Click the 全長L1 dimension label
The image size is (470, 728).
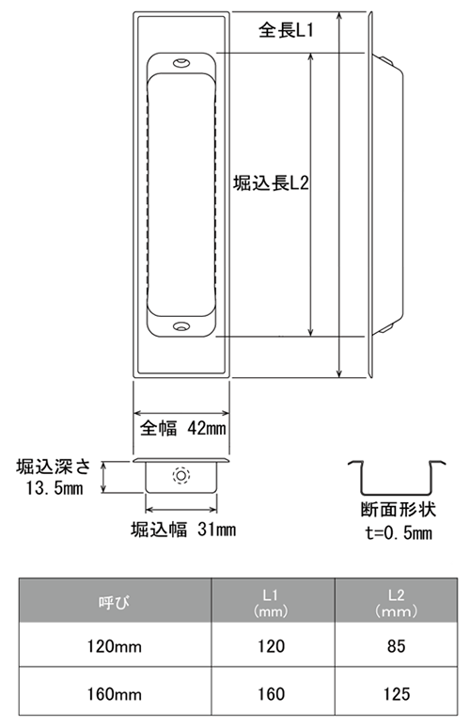click(x=287, y=31)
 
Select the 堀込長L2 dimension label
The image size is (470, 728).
click(x=271, y=183)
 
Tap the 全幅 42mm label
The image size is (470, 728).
click(x=183, y=428)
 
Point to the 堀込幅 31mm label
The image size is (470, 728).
click(x=183, y=530)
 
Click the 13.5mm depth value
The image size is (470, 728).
click(x=55, y=488)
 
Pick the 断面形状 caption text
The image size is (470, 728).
click(x=399, y=510)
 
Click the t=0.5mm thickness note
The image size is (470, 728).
click(x=399, y=533)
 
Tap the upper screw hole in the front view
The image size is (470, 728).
click(x=181, y=63)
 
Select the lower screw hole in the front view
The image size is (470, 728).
click(x=181, y=326)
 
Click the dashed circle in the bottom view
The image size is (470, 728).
click(x=180, y=475)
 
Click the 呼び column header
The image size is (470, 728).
click(x=114, y=602)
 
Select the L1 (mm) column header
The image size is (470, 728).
click(x=271, y=603)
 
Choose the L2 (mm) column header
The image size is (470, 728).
click(x=397, y=603)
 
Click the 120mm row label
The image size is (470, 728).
click(x=115, y=646)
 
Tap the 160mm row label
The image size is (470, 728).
click(x=115, y=694)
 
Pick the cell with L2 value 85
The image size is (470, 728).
click(x=397, y=646)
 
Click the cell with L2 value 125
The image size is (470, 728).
click(x=397, y=694)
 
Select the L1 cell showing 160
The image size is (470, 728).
click(x=272, y=694)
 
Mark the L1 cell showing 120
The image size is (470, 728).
click(x=272, y=646)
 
